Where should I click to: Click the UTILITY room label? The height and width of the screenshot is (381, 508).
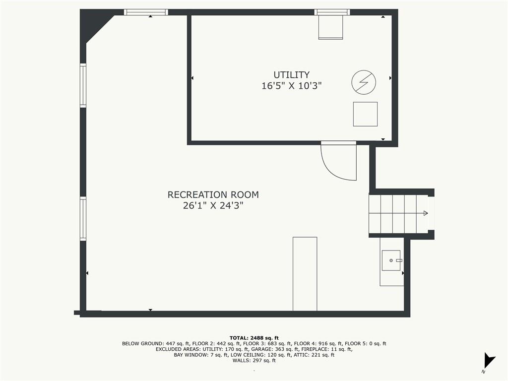pyautogui.click(x=292, y=75)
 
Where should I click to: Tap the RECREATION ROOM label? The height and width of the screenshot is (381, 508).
pyautogui.click(x=213, y=195)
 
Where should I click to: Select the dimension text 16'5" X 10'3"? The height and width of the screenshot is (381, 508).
pyautogui.click(x=292, y=86)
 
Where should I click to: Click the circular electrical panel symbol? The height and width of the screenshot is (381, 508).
pyautogui.click(x=364, y=82)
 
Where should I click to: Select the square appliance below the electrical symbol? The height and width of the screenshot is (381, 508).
pyautogui.click(x=365, y=114)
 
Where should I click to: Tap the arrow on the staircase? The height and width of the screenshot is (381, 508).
pyautogui.click(x=425, y=213)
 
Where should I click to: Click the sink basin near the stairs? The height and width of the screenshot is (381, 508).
pyautogui.click(x=391, y=260)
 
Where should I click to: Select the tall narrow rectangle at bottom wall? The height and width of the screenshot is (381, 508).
pyautogui.click(x=305, y=274)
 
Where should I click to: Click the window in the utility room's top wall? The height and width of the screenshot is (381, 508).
pyautogui.click(x=332, y=12)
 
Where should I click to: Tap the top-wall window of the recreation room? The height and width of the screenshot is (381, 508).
pyautogui.click(x=146, y=12)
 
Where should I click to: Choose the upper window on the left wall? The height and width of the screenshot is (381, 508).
pyautogui.click(x=83, y=85)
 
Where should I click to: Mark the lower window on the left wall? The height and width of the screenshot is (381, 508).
pyautogui.click(x=83, y=219)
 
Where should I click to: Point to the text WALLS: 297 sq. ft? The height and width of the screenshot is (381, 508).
pyautogui.click(x=254, y=360)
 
